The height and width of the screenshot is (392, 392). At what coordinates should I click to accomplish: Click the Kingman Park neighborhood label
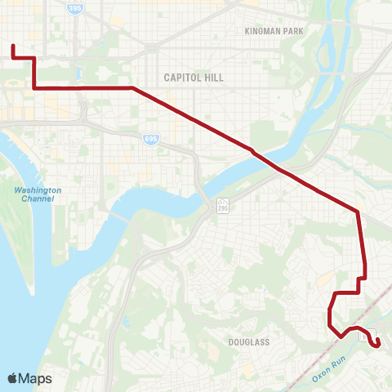click(x=274, y=31)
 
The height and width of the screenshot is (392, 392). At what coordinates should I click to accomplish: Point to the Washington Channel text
click(x=38, y=194)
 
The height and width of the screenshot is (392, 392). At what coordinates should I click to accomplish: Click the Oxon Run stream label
click(x=331, y=367)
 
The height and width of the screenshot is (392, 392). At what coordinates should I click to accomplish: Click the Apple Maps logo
click(x=29, y=378)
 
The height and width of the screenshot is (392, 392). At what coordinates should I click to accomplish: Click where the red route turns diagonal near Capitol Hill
click(x=131, y=87)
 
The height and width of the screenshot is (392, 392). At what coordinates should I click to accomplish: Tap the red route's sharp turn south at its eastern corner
click(x=357, y=212)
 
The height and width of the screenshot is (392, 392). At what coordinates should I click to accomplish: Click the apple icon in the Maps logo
click(x=12, y=378)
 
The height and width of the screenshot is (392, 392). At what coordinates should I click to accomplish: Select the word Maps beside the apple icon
click(x=36, y=378)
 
